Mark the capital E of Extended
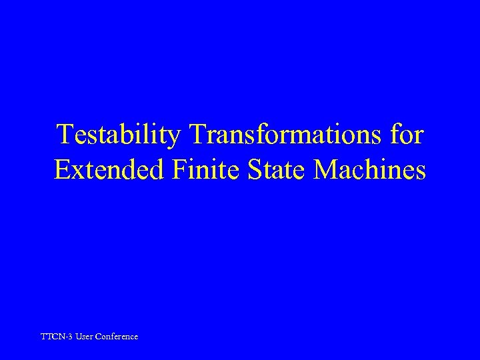(61, 170)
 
